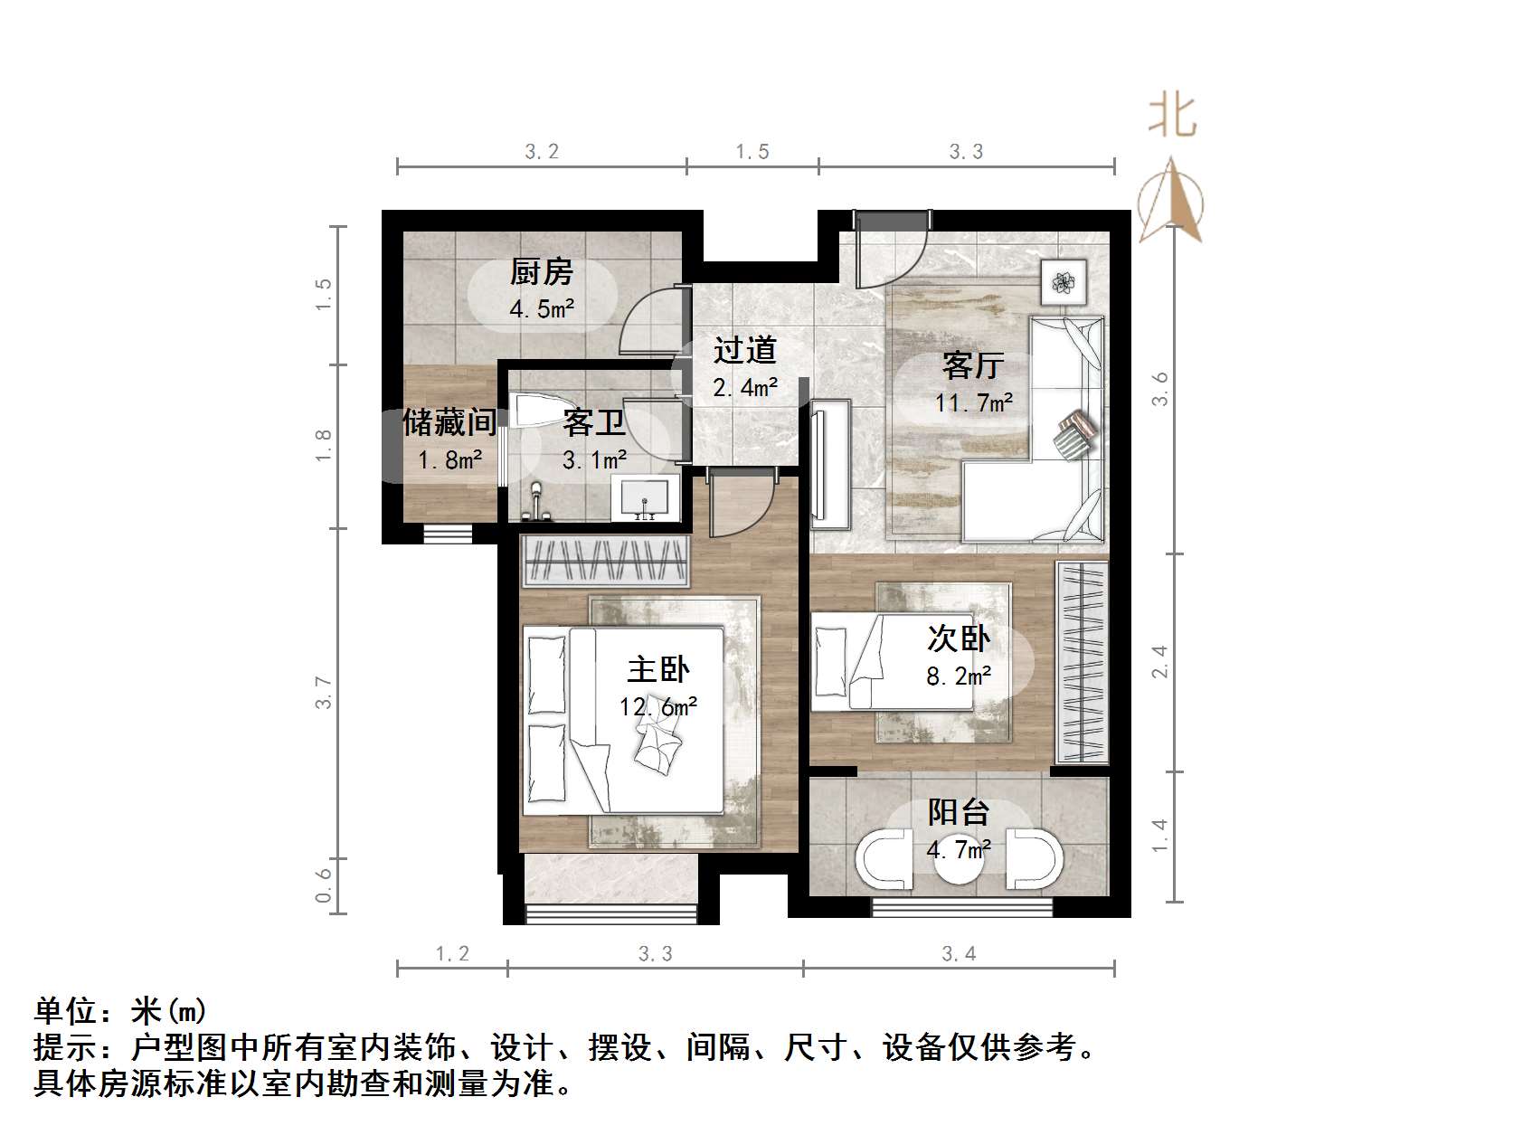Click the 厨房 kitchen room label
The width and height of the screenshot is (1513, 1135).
coord(541,271)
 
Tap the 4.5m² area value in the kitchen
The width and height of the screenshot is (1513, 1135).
coord(541,309)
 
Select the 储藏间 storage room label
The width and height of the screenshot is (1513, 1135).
coord(449,422)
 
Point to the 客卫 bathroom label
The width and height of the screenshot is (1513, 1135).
coord(593,422)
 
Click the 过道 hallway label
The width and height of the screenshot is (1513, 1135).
coord(744,350)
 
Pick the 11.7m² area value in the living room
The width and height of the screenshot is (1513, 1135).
coord(973,402)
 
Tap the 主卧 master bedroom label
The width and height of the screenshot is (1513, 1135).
coord(657,669)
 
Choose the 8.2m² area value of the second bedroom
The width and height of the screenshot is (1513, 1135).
coord(958,676)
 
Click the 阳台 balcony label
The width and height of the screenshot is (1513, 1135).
coord(958,812)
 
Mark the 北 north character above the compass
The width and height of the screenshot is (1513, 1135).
coord(1172,117)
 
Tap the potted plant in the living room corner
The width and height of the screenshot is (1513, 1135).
coord(1065,281)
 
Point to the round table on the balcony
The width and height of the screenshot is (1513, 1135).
coord(958,859)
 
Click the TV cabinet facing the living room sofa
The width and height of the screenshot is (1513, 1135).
coord(830,463)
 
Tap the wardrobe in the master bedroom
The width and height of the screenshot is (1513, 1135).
coord(603,562)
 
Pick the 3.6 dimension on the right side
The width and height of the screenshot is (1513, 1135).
coord(1160,389)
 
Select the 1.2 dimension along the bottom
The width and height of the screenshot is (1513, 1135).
coord(452,953)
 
